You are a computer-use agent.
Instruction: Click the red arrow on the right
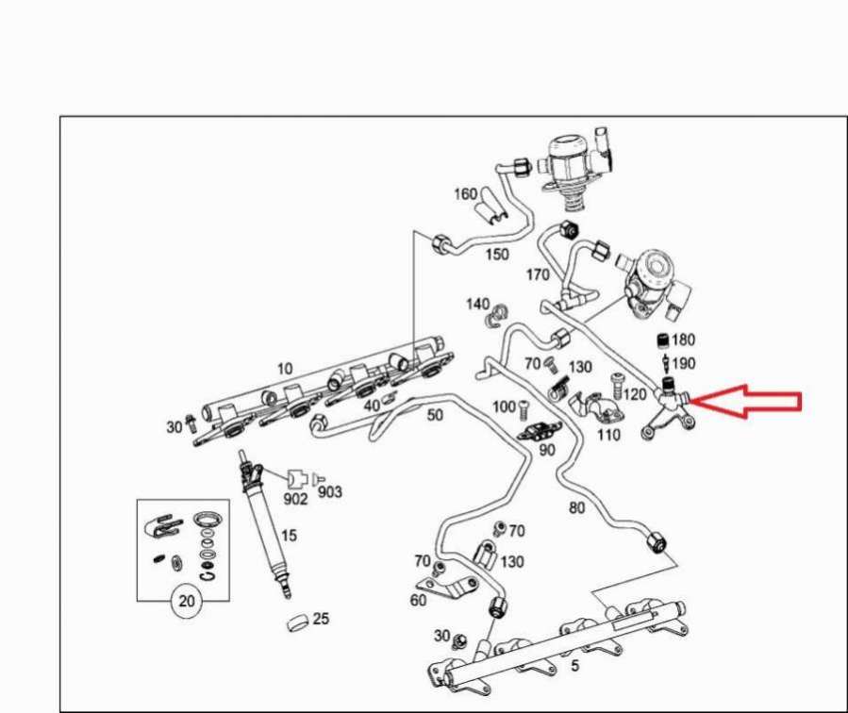tap(746, 401)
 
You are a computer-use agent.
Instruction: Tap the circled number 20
tap(186, 601)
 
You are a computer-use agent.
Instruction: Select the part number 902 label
tap(295, 498)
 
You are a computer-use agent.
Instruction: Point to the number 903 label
tap(330, 491)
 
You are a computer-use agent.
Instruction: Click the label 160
tap(465, 193)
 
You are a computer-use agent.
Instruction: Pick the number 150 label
tap(497, 254)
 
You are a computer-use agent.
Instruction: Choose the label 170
tap(538, 274)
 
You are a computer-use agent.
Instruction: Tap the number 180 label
tap(683, 340)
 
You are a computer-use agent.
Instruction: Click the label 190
tap(683, 363)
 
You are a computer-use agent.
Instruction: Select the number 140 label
tap(477, 304)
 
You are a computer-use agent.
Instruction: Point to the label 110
tap(607, 434)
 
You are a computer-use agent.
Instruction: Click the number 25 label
tap(321, 618)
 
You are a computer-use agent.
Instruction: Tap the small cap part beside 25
tap(297, 622)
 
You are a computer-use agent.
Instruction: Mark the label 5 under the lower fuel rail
tap(574, 666)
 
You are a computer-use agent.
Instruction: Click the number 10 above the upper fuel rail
tap(285, 369)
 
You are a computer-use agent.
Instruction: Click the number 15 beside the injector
tap(290, 535)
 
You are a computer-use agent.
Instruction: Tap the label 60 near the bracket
tap(418, 600)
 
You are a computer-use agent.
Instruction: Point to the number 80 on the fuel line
tap(577, 507)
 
